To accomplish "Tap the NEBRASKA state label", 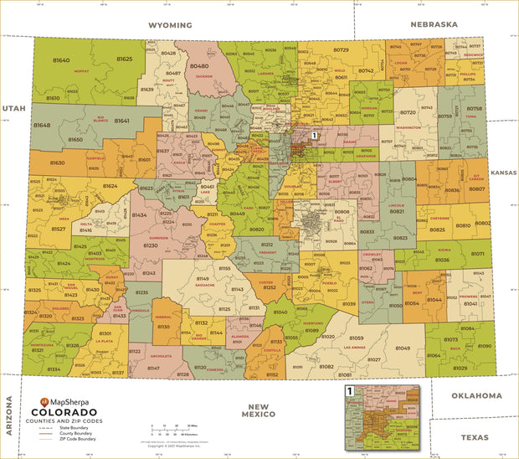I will click(x=434, y=24).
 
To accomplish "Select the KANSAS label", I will click(x=504, y=172).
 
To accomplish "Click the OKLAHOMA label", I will click(x=476, y=395).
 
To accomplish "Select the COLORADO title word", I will click(x=64, y=412).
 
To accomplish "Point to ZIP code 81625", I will click(x=123, y=59).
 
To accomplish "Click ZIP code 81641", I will click(x=121, y=121).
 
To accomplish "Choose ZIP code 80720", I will click(x=409, y=111).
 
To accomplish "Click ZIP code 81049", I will click(x=403, y=348).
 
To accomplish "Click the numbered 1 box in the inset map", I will click(x=350, y=389).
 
